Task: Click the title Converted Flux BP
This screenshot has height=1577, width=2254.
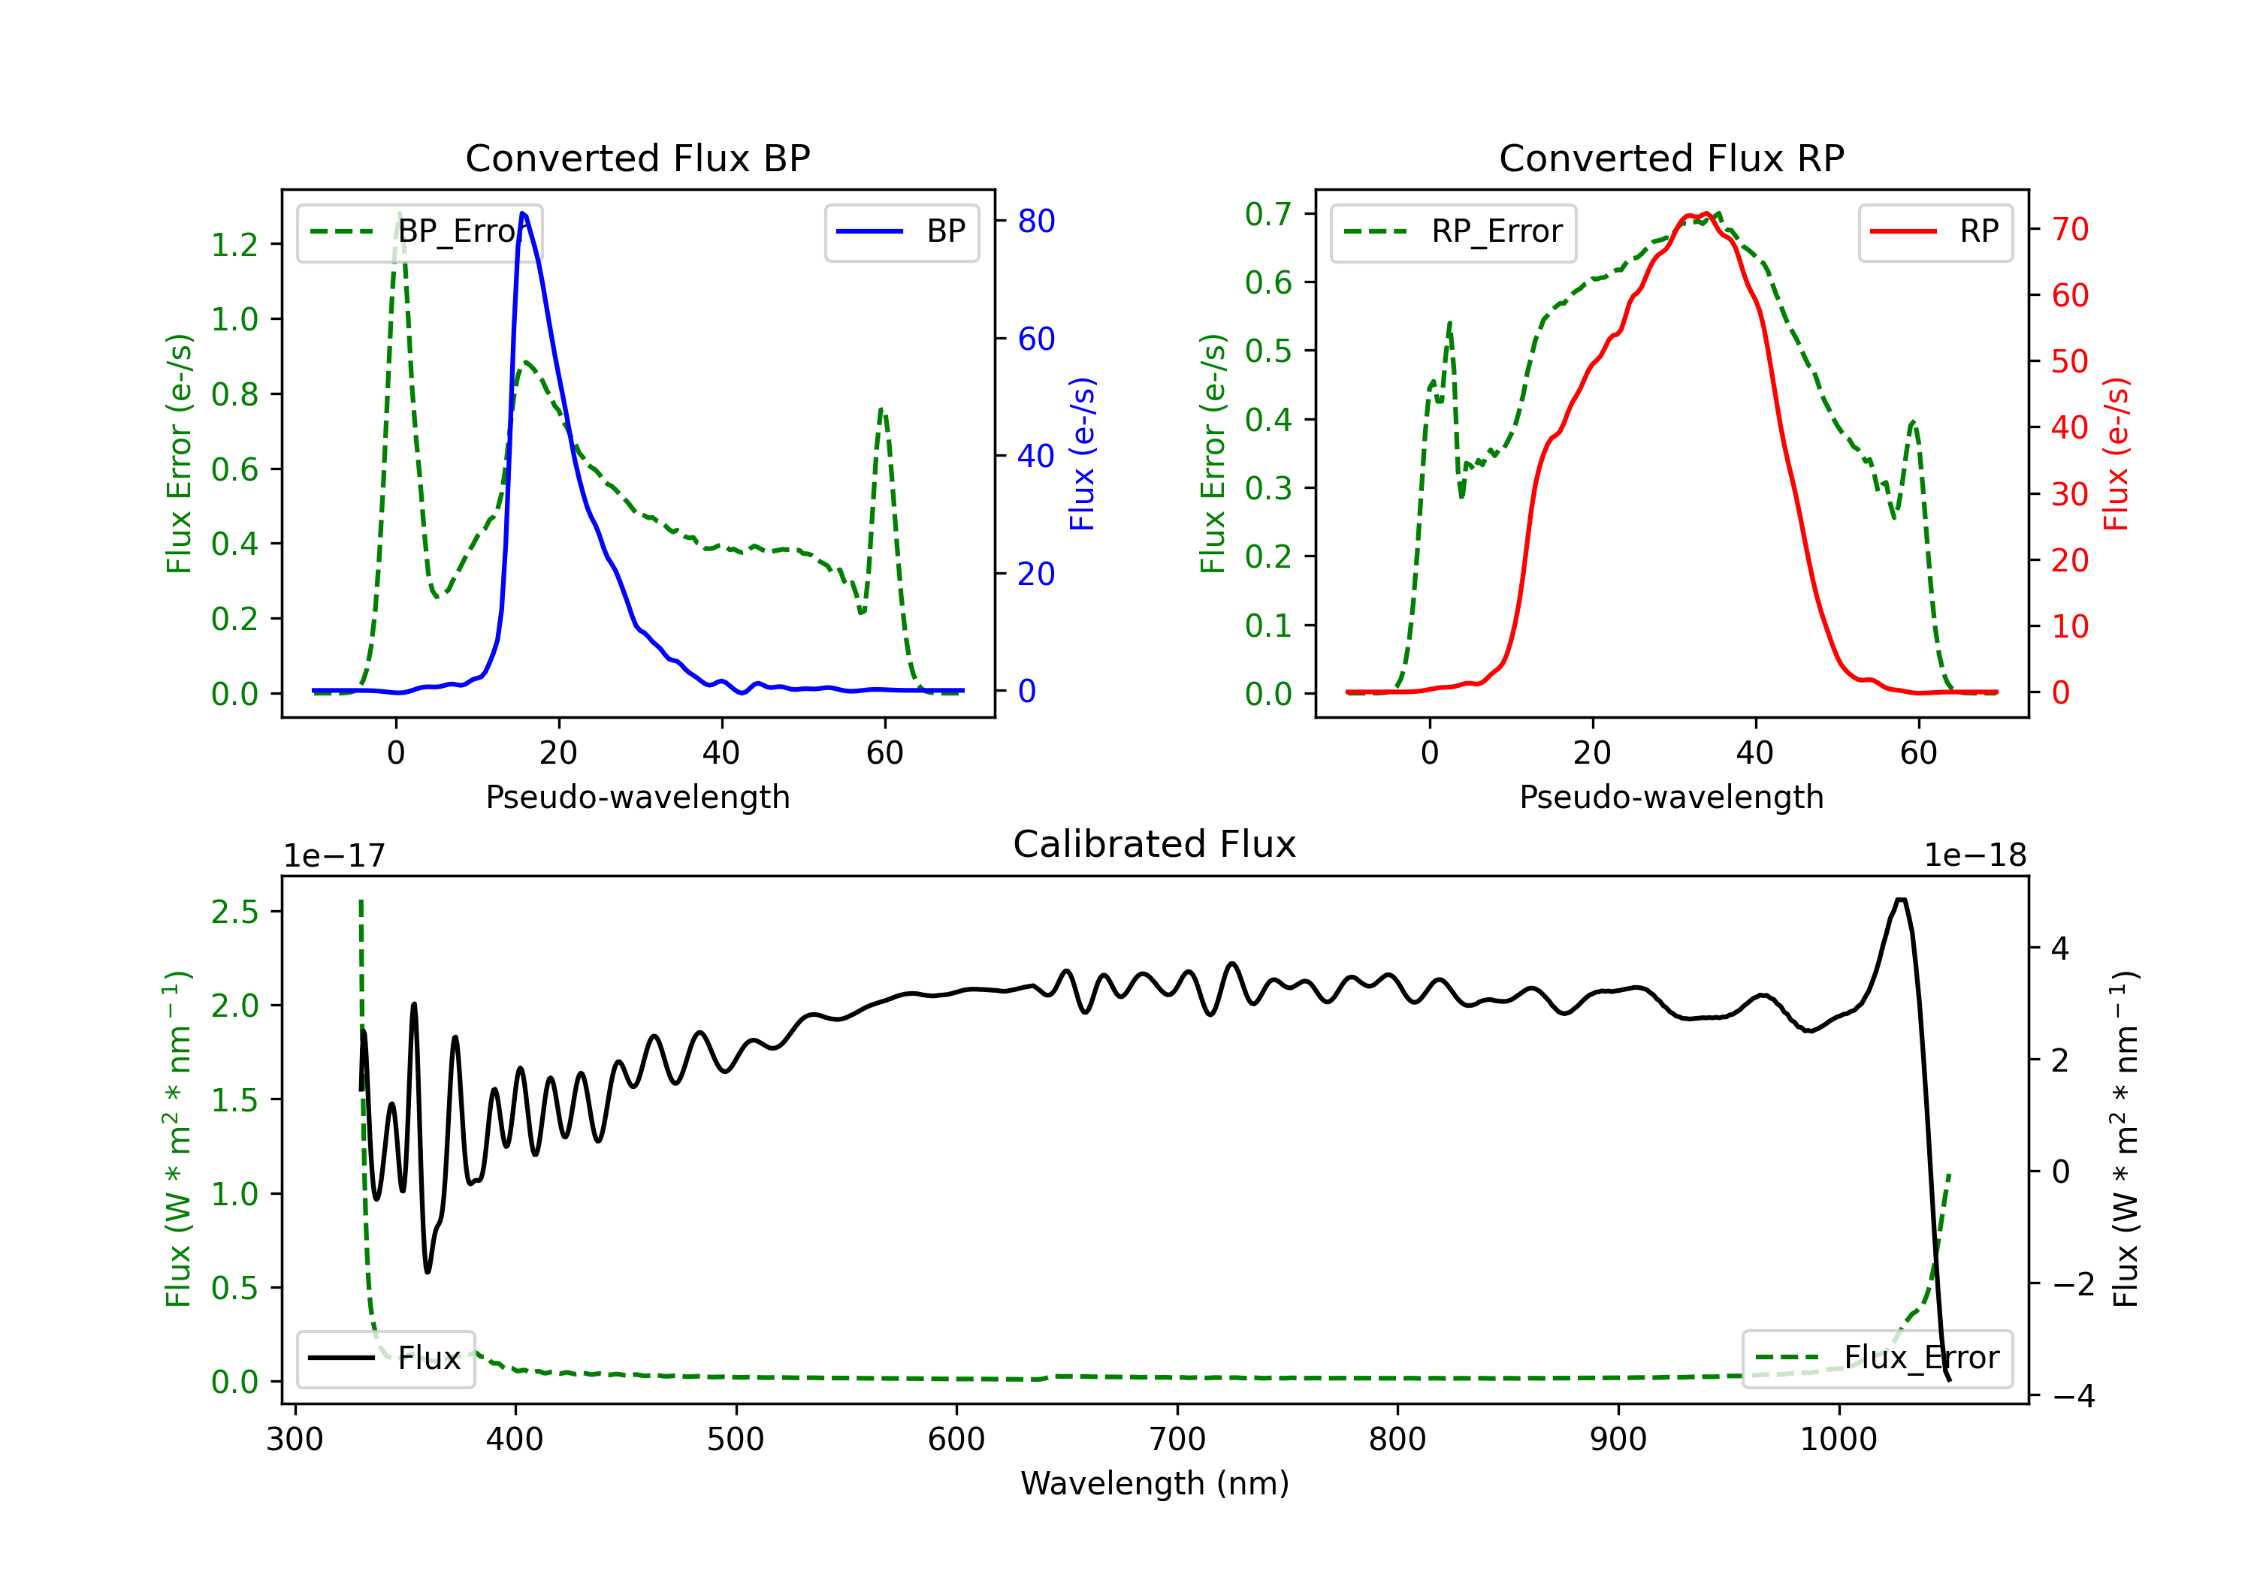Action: (x=637, y=158)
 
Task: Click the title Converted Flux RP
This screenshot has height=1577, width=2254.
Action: (x=1671, y=158)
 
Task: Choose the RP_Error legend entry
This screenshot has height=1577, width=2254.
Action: (x=1454, y=231)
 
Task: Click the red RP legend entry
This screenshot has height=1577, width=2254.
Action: (x=1935, y=231)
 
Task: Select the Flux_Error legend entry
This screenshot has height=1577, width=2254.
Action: (x=1877, y=1358)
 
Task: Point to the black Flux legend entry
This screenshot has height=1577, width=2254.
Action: (x=386, y=1358)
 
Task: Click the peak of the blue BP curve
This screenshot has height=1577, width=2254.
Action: (x=522, y=213)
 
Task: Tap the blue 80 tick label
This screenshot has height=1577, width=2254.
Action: (x=1035, y=221)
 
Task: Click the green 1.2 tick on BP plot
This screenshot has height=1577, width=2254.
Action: (x=234, y=244)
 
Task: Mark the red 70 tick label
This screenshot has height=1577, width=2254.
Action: (x=2069, y=230)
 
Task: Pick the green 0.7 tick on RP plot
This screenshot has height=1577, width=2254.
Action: (x=1268, y=214)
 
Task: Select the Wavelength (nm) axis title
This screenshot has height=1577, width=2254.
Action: (x=1155, y=1483)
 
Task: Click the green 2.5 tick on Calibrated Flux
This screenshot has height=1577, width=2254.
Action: (x=234, y=912)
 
